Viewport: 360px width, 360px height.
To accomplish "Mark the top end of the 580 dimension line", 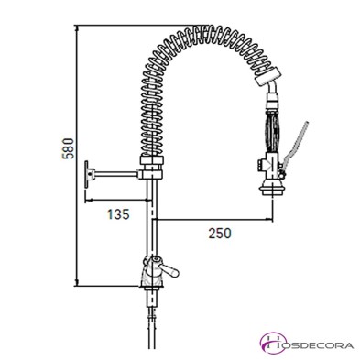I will tap(78, 27).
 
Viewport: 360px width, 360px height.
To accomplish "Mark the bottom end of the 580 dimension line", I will tap(78, 281).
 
